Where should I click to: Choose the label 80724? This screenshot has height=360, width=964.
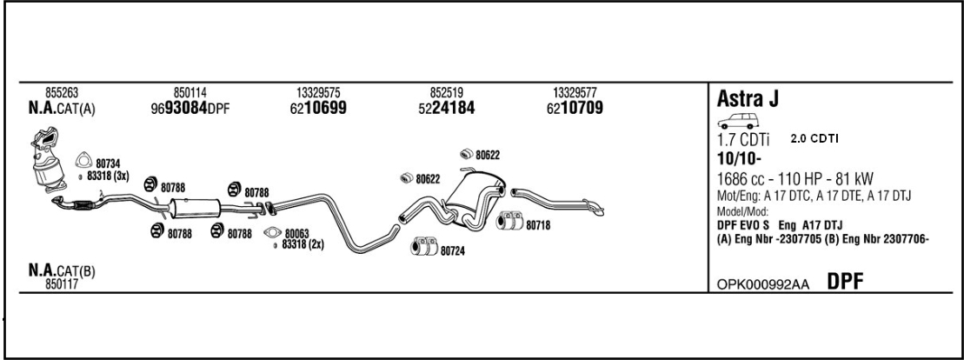click(x=451, y=252)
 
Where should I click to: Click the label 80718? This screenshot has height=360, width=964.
click(x=536, y=224)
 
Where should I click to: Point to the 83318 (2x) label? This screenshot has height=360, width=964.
click(x=303, y=244)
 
